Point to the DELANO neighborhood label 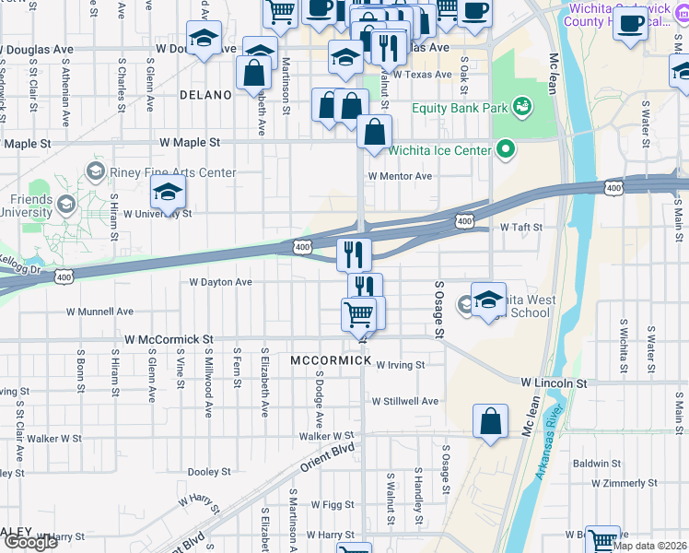(x=204, y=95)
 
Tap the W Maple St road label (x=190, y=143)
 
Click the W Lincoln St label (x=554, y=382)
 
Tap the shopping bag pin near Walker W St (x=491, y=422)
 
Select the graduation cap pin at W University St (x=168, y=192)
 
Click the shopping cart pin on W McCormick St (x=358, y=314)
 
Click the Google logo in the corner (x=30, y=542)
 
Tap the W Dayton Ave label (x=220, y=282)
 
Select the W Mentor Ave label (x=400, y=176)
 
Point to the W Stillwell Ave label (x=405, y=401)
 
